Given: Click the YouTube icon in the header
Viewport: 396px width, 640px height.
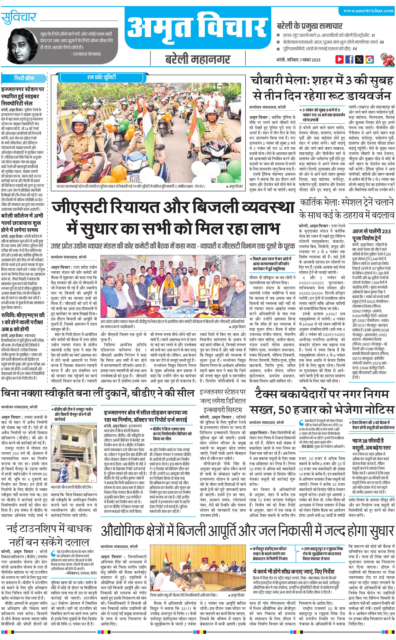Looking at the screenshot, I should [340, 59].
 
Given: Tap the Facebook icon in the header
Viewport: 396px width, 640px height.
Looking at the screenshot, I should [349, 59].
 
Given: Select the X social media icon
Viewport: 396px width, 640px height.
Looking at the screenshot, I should [359, 59].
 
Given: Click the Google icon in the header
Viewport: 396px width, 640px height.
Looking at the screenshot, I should [369, 59].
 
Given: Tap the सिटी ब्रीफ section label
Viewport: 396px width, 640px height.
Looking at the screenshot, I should [24, 78].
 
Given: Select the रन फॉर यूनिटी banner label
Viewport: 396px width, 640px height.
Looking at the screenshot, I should [101, 77].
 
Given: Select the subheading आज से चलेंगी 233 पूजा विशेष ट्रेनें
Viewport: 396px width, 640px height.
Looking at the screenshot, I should [371, 234].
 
